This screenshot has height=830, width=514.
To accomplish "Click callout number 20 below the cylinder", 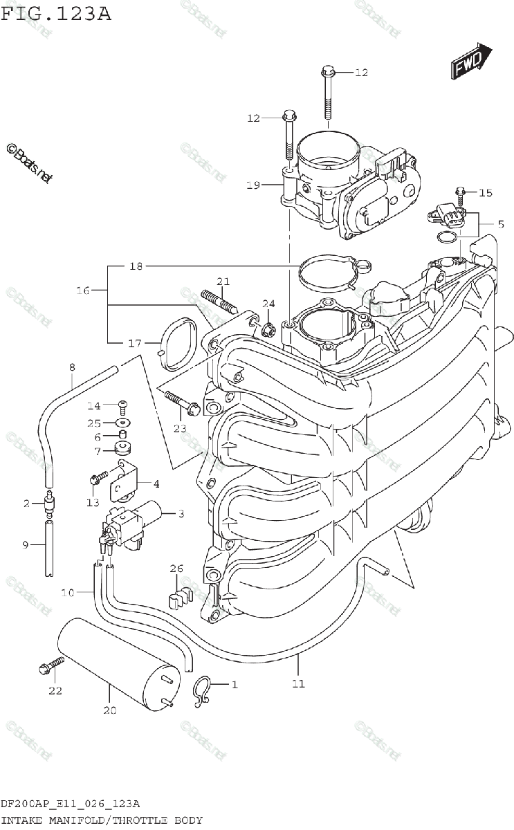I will point(111,710).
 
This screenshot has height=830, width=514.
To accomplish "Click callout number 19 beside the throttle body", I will point(253,185).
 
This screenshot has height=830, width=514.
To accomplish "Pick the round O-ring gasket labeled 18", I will point(325,273).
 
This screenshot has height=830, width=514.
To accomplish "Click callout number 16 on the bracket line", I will point(83,291).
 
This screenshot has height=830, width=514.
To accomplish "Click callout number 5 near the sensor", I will point(500,223).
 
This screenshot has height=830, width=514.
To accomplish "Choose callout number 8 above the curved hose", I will point(71,367).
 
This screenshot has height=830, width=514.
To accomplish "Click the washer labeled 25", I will point(122,422).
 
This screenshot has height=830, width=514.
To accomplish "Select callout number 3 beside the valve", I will point(181,513).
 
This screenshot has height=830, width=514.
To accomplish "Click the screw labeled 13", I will point(99,477).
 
